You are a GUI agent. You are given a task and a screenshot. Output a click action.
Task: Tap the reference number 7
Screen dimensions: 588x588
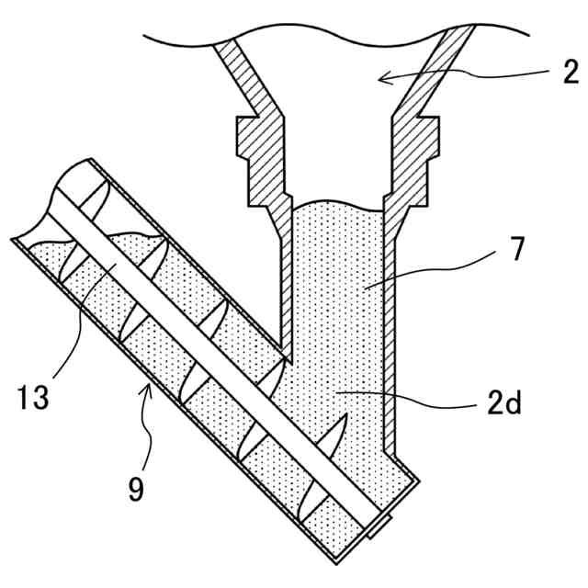coord(518,248)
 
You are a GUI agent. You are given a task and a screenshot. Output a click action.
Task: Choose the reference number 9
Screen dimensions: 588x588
coord(136,489)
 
